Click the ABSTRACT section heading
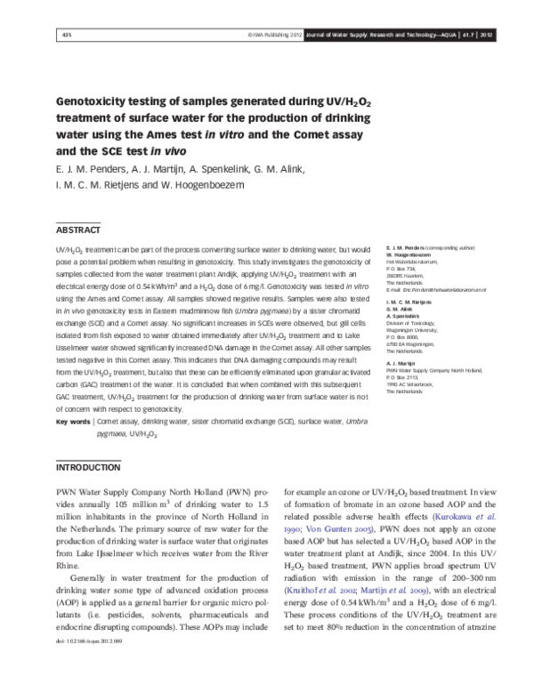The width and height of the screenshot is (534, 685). (x=77, y=230)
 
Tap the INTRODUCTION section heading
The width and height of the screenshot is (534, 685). (x=87, y=467)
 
